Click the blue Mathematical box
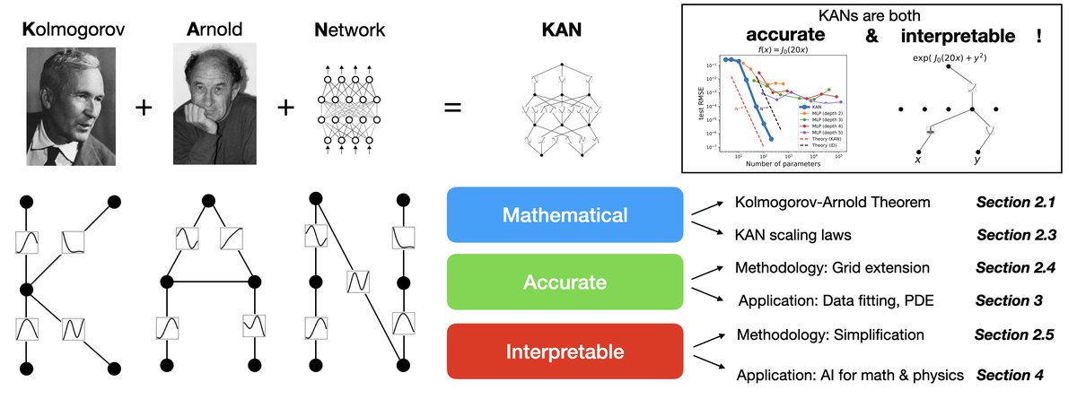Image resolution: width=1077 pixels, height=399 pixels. tap(565, 215)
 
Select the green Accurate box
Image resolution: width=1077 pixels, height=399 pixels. tap(565, 282)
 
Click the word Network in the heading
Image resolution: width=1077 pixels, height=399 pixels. tap(350, 30)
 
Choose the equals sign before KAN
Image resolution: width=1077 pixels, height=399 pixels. tap(454, 108)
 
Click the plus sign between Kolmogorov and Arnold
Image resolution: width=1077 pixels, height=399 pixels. tap(141, 108)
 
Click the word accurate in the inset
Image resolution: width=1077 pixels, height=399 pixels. tap(786, 38)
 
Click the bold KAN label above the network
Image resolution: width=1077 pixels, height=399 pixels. tap(562, 30)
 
